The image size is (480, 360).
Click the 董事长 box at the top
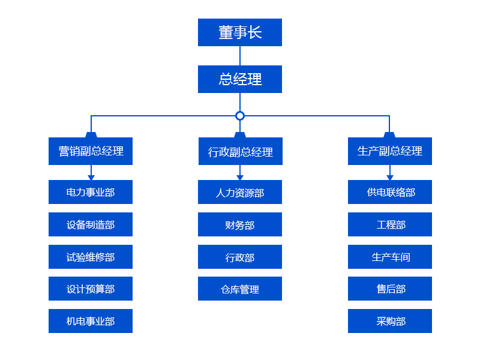pyautogui.click(x=240, y=32)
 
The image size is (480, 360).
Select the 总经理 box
pyautogui.click(x=240, y=79)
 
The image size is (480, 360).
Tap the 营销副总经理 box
pyautogui.click(x=91, y=151)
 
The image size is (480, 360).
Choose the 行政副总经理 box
pyautogui.click(x=240, y=151)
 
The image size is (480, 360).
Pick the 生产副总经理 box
pyautogui.click(x=389, y=151)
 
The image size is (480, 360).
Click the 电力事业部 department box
pyautogui.click(x=91, y=192)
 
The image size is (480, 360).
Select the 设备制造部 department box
pyautogui.click(x=91, y=224)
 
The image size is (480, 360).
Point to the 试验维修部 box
pyautogui.click(x=91, y=257)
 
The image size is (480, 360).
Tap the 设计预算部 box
pyautogui.click(x=91, y=289)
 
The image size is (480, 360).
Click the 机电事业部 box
pyautogui.click(x=91, y=321)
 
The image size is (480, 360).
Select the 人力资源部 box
pyautogui.click(x=240, y=192)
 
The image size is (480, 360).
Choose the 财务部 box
pyautogui.click(x=240, y=224)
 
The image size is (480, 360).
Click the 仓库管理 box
pyautogui.click(x=240, y=289)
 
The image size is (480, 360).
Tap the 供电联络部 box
pyautogui.click(x=389, y=192)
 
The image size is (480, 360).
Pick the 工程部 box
pyautogui.click(x=389, y=224)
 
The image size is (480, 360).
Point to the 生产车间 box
pyautogui.click(x=389, y=257)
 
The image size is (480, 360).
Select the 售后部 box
pyautogui.click(x=389, y=289)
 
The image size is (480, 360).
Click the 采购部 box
pyautogui.click(x=389, y=321)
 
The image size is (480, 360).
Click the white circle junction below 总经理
pyautogui.click(x=240, y=115)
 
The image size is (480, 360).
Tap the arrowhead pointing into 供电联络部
pyautogui.click(x=389, y=178)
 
